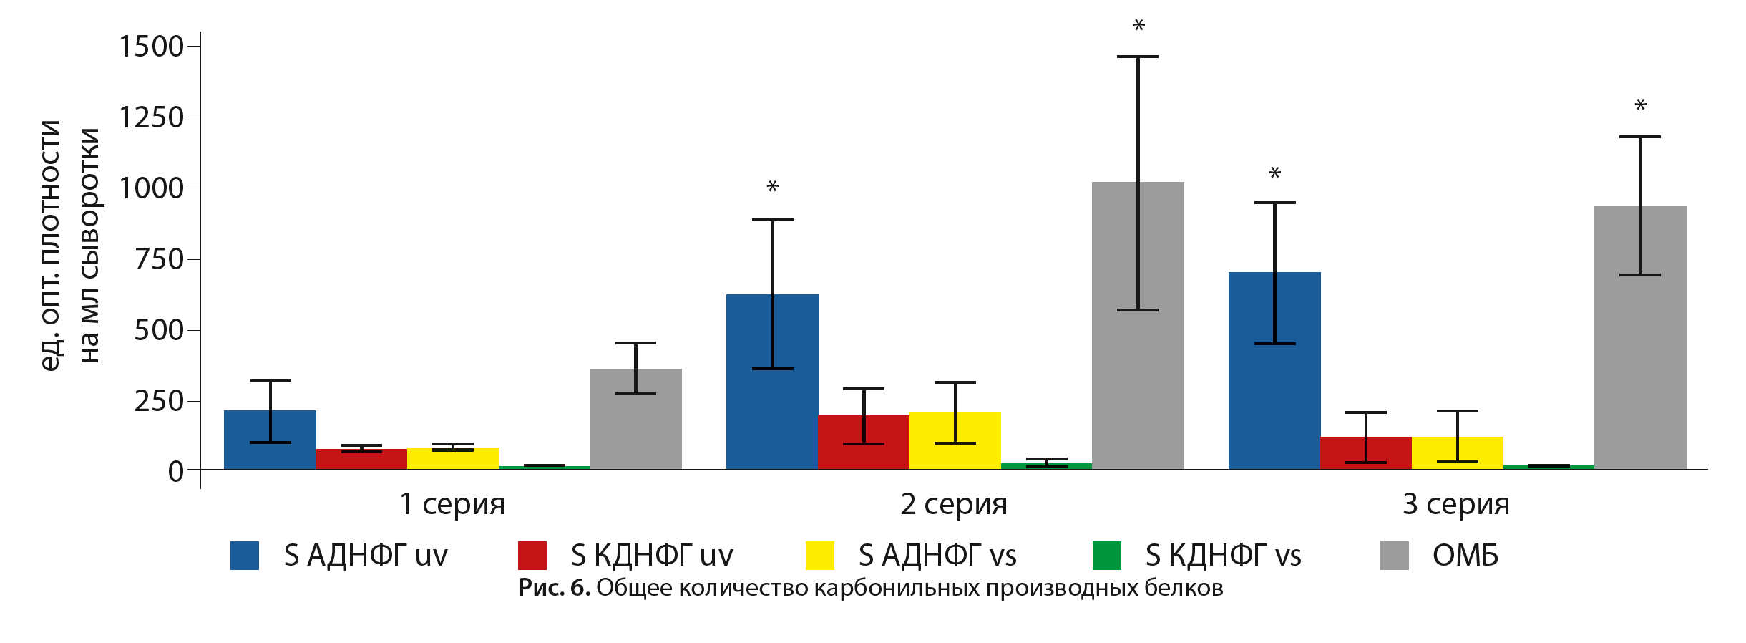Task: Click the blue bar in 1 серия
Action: pos(270,440)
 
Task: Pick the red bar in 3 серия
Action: pos(1365,453)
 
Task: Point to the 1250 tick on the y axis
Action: pos(152,117)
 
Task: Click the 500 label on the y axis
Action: pos(159,330)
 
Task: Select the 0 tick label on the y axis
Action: pos(175,472)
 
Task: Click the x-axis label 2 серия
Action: pos(953,504)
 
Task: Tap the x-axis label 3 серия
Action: pos(1455,504)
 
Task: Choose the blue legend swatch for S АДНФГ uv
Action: pos(244,556)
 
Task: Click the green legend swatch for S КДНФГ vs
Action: pos(1106,556)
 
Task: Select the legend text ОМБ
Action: pos(1465,556)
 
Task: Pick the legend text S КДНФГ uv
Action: pos(651,556)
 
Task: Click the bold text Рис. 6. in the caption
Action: pos(554,588)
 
